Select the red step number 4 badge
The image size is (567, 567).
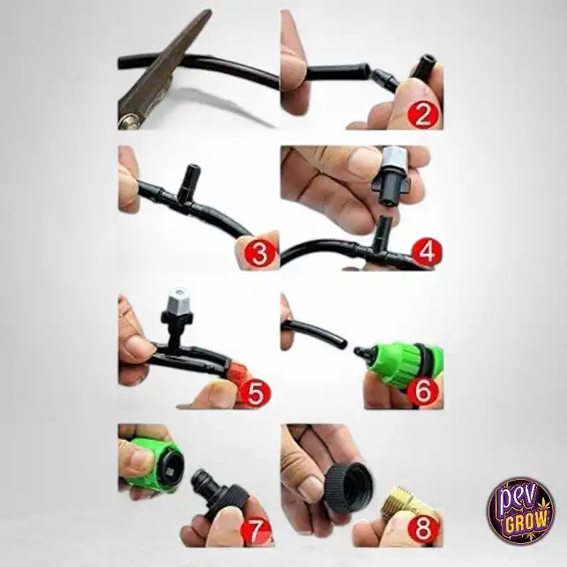tap(427, 251)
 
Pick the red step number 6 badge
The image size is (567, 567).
tap(423, 391)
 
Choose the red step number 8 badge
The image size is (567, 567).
tap(423, 529)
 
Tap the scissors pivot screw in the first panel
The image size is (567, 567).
tap(129, 120)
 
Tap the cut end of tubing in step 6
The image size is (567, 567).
tap(343, 343)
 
